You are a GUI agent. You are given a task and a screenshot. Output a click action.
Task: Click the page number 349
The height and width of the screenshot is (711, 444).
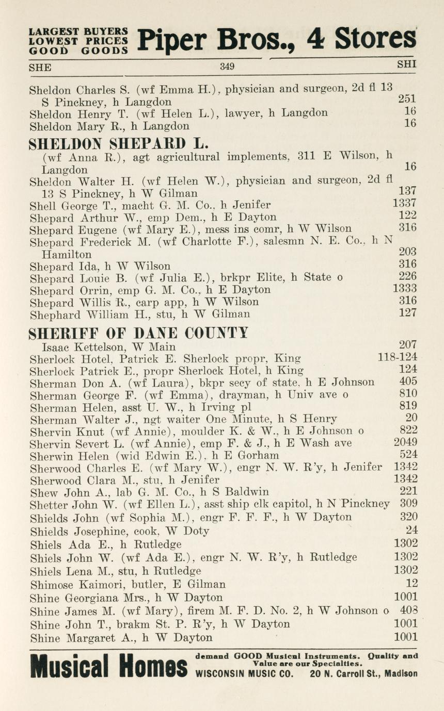(227, 67)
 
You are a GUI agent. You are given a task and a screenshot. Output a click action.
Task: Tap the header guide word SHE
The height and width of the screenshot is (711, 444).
(40, 67)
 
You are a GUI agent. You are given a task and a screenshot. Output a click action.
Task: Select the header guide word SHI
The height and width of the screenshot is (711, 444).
(406, 65)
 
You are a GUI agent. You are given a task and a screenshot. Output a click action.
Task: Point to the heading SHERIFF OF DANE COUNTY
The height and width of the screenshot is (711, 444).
(138, 333)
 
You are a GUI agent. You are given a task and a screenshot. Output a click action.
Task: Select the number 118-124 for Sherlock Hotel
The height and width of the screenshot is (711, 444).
(398, 357)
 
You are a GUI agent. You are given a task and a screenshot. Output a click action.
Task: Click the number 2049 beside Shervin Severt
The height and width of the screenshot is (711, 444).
(405, 442)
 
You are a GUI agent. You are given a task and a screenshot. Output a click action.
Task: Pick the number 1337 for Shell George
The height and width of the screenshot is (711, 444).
(405, 204)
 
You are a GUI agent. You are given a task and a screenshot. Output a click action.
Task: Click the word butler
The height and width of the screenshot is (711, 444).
(135, 585)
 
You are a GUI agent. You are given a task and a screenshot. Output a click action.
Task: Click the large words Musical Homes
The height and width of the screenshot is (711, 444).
(109, 667)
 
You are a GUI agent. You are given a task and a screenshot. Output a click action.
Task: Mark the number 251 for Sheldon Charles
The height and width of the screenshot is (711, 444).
(407, 98)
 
